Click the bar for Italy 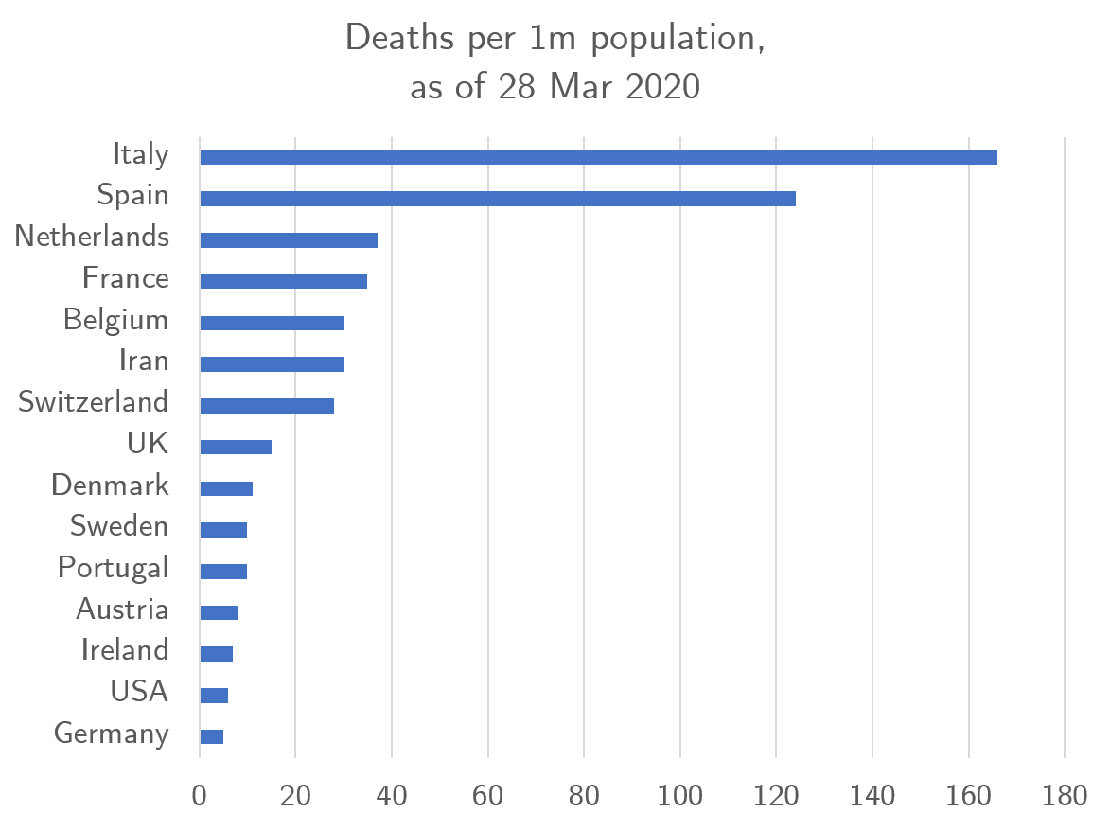598,157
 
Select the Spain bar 497,199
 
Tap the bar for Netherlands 289,240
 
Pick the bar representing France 283,281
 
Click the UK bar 236,447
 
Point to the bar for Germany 212,736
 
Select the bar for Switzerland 267,406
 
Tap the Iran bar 272,364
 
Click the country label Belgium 115,320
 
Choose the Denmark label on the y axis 110,486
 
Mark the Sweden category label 119,526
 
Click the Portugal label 114,568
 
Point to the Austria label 122,609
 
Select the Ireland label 125,650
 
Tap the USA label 139,692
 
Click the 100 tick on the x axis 679,795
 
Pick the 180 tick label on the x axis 1065,795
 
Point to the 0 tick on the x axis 200,795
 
